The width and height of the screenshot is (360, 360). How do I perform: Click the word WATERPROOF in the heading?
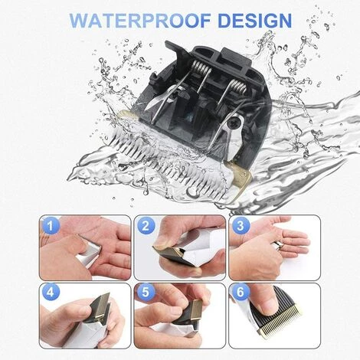(x=140, y=20)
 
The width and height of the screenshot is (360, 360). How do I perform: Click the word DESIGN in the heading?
(x=255, y=20)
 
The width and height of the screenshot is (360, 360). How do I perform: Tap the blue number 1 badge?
(x=51, y=226)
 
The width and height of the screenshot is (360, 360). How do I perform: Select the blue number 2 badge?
(x=146, y=226)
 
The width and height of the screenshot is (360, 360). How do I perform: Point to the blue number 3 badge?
(x=241, y=226)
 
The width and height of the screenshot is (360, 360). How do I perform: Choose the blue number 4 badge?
(x=51, y=293)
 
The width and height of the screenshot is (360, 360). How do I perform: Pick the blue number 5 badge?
(x=146, y=293)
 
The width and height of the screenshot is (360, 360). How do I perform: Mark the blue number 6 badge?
(x=241, y=293)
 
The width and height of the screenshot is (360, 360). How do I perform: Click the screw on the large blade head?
(x=233, y=126)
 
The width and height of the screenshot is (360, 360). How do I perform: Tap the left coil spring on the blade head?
(x=201, y=70)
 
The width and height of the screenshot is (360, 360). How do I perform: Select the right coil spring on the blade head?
(x=238, y=87)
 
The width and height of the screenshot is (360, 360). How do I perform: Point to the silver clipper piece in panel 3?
(x=277, y=246)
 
